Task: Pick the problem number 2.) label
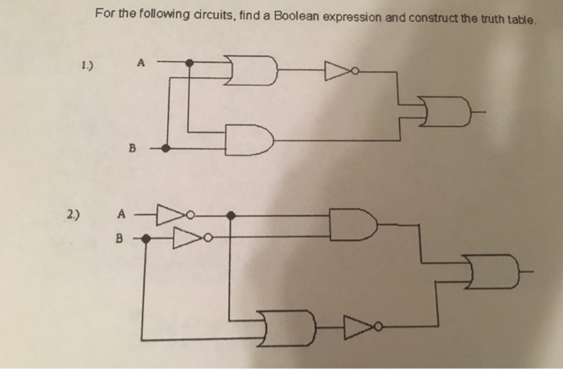[74, 215]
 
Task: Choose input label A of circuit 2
[121, 215]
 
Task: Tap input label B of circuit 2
[121, 238]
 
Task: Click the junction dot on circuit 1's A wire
[190, 62]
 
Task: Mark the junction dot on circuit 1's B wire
[166, 148]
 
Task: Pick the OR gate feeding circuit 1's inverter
[252, 71]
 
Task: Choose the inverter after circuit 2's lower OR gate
[355, 326]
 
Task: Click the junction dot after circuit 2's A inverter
[231, 215]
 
